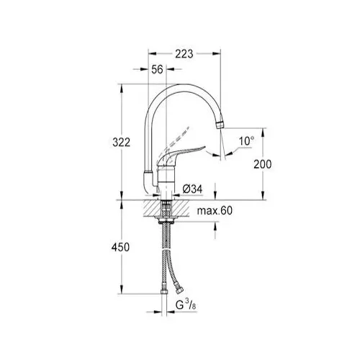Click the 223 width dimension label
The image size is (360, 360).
point(184,54)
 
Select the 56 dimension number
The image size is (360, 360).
point(157,69)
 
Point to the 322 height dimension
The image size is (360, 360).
point(122,143)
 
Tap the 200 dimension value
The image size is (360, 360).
point(263,164)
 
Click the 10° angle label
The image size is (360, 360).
point(246,141)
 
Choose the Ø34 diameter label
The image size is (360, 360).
point(192,189)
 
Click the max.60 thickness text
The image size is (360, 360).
point(215,211)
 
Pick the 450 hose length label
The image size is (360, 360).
point(120,247)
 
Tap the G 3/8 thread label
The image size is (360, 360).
point(186,305)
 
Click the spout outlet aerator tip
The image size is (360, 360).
point(220,125)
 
